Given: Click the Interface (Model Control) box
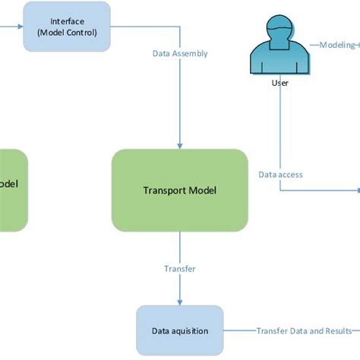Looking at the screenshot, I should pos(67,27).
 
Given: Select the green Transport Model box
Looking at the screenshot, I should pos(180,190).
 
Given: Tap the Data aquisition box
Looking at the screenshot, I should pos(180,330).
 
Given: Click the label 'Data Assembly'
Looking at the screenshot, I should pos(180,54).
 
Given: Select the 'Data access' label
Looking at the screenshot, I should pos(280,175).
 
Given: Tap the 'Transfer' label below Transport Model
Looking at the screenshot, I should pos(180,269).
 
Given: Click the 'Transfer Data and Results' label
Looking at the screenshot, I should pos(304,331).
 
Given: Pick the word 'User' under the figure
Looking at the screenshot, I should pos(279,84).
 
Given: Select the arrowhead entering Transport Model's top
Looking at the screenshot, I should pos(180,145).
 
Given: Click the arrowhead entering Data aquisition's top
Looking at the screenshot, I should pos(180,302).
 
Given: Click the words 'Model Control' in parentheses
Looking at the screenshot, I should pos(67,33).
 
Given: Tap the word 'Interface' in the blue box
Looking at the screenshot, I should pos(67,21).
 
